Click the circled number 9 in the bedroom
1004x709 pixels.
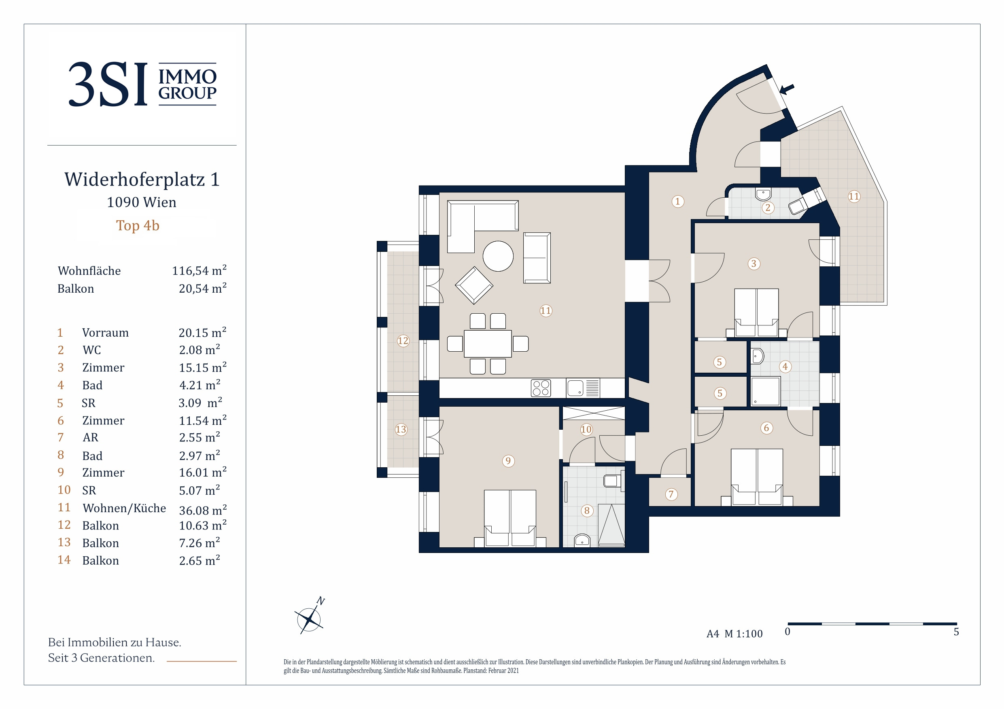pos(508,461)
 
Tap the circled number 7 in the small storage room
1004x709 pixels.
pos(671,494)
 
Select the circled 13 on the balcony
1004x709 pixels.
pos(401,429)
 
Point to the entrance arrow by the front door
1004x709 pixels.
pos(787,90)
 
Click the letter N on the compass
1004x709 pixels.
pos(321,601)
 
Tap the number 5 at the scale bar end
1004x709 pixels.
pos(956,632)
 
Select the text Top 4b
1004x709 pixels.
pos(138,226)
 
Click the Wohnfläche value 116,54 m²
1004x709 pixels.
pos(200,270)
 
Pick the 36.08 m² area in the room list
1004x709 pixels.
pos(203,510)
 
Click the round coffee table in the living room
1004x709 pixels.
pos(498,256)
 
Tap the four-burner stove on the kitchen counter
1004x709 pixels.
pos(541,388)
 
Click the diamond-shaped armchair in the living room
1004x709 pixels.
pos(474,285)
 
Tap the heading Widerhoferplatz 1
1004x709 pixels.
pos(142,179)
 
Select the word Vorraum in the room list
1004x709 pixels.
pos(105,333)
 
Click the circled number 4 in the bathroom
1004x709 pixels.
pos(785,367)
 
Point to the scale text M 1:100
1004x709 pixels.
pos(743,633)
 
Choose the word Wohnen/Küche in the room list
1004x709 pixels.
pos(124,508)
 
